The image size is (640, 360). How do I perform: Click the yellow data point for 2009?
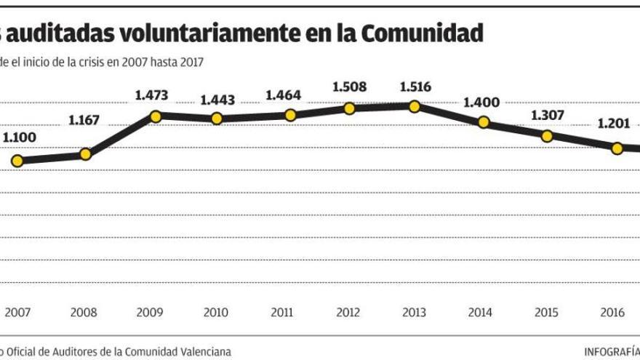tap(155, 116)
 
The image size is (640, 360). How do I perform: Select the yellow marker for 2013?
tap(414, 106)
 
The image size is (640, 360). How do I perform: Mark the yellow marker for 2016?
tap(617, 148)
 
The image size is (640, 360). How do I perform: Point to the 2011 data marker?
tap(290, 115)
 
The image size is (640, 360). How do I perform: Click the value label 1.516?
tap(415, 87)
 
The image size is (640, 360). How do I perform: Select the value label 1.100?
tap(20, 137)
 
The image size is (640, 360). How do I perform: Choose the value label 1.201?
tap(615, 124)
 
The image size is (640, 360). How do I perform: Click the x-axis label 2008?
tap(84, 313)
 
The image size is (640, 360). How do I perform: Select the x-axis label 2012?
tap(348, 313)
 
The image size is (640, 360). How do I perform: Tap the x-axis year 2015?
tap(547, 313)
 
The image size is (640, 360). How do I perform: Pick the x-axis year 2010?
tap(217, 313)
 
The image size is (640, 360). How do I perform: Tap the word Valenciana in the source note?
tap(203, 351)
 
